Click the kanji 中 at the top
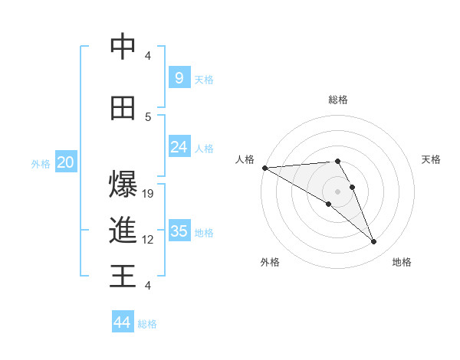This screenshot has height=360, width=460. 123,47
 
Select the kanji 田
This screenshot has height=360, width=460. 123,109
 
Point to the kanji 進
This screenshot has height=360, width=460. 123,231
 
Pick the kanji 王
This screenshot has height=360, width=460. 123,276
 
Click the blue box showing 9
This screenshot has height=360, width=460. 179,78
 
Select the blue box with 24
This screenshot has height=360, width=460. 179,147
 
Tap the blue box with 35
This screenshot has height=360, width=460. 179,231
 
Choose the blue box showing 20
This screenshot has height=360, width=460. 65,162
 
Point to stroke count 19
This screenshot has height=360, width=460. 149,194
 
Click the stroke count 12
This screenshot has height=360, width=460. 149,240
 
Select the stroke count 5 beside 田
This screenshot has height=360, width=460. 148,116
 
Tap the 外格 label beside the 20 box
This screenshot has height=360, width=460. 41,163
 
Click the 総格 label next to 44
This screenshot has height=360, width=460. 147,324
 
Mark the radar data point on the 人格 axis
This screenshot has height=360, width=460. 264,168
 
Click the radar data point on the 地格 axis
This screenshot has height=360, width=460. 374,242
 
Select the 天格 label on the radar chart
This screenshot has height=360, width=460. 432,159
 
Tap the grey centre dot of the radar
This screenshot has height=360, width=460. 338,191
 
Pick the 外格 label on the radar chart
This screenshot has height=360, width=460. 270,262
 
